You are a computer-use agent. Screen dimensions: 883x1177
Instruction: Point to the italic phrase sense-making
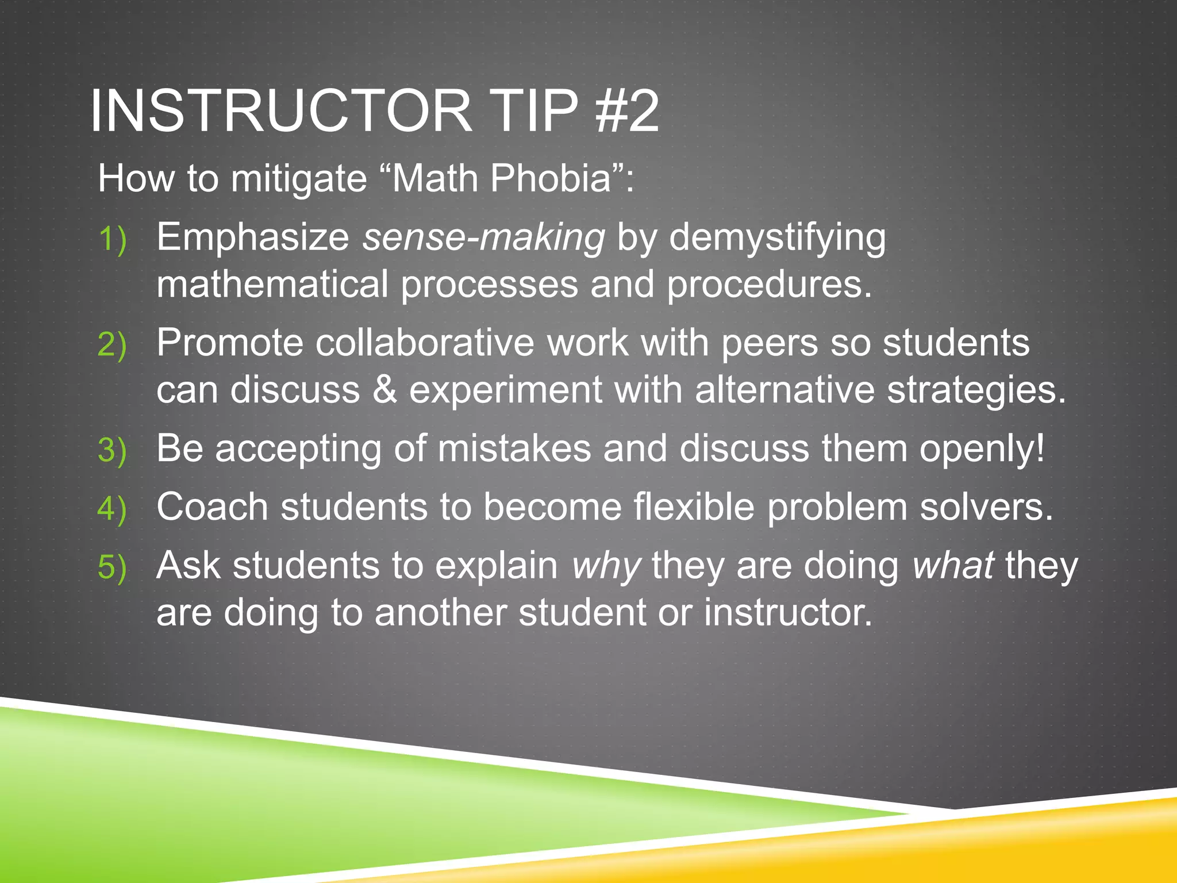[483, 237]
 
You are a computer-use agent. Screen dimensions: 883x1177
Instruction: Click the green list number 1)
[112, 239]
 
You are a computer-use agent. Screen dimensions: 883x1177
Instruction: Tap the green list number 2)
[112, 345]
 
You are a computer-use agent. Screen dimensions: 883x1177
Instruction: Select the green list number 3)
[112, 451]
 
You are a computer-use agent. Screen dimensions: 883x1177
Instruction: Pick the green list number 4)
[112, 509]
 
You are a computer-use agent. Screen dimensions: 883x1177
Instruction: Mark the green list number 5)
[112, 568]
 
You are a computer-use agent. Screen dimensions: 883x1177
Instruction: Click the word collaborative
[425, 343]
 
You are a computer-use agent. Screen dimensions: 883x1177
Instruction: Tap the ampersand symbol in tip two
[384, 390]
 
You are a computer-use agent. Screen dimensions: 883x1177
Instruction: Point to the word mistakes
[514, 448]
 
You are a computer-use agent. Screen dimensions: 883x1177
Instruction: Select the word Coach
[212, 507]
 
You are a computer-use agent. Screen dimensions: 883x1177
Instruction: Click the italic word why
[606, 567]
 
